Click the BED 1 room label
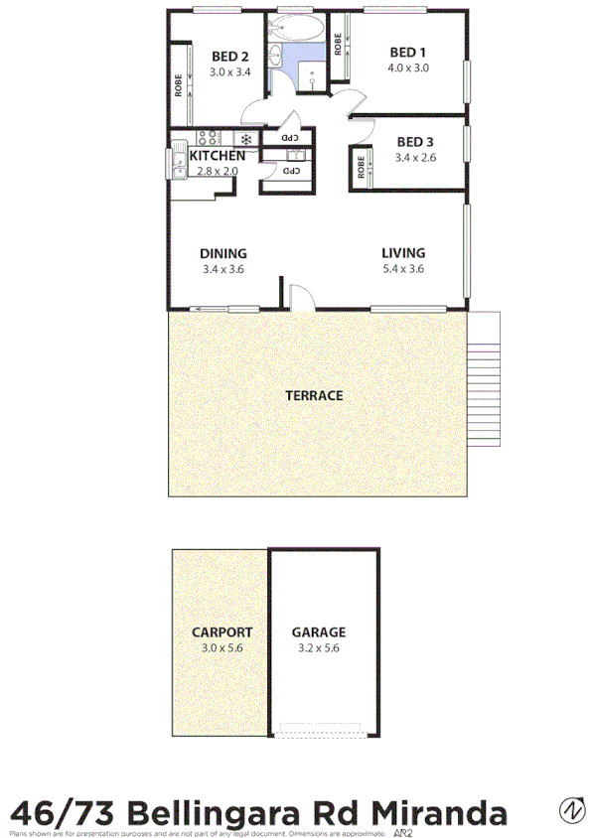click(x=407, y=53)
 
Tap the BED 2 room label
click(x=229, y=57)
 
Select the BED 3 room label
click(x=413, y=141)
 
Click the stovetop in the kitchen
click(x=209, y=138)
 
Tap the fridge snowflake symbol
click(x=245, y=138)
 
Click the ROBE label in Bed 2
click(x=179, y=86)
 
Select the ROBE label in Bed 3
click(x=358, y=168)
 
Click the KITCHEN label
click(x=218, y=156)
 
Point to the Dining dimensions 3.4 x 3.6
click(x=222, y=268)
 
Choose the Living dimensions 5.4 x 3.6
click(x=403, y=268)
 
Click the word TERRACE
click(x=314, y=395)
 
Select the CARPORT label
click(x=222, y=631)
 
